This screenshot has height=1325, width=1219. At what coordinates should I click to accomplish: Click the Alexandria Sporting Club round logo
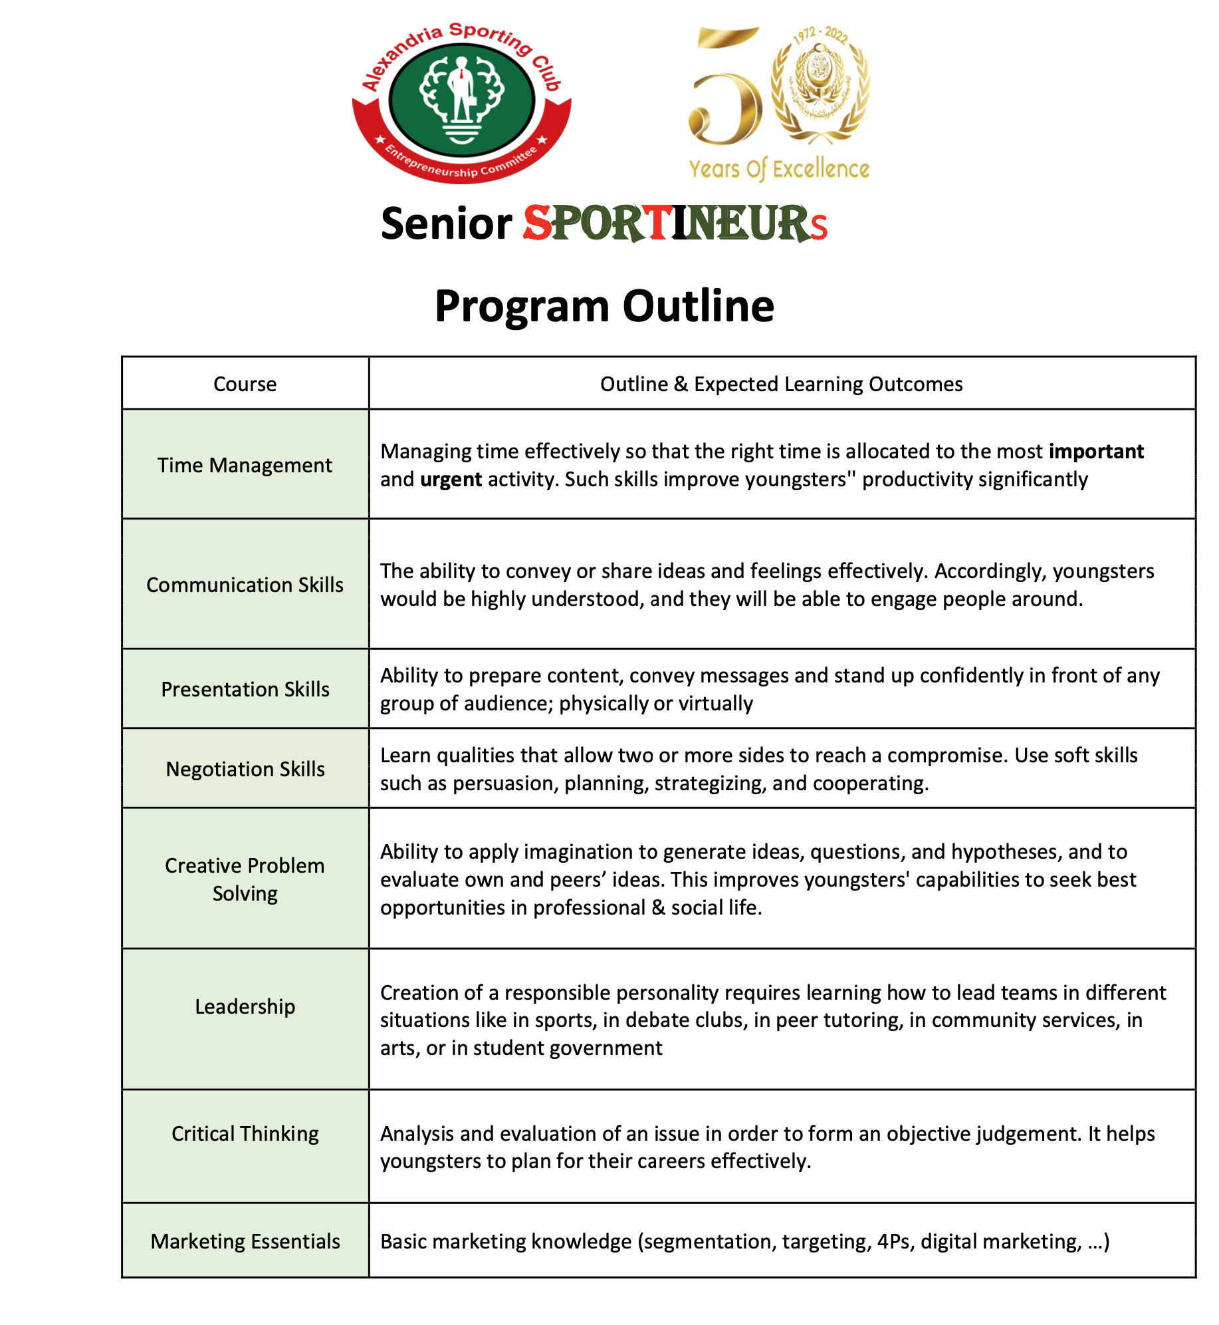click(461, 101)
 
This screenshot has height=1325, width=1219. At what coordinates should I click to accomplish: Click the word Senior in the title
click(446, 223)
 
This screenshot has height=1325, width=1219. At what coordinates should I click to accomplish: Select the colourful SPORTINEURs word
click(675, 223)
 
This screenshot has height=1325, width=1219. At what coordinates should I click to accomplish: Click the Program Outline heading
click(604, 306)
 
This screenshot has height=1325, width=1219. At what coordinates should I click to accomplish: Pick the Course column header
click(245, 384)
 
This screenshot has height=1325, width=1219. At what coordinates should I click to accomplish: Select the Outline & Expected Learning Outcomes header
click(781, 384)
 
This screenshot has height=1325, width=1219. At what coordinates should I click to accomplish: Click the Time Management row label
click(245, 465)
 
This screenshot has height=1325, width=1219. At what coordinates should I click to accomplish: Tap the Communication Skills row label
click(245, 585)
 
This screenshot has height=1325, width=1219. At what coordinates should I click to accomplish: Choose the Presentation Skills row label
click(245, 689)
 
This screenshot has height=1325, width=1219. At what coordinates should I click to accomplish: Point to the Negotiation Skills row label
click(245, 769)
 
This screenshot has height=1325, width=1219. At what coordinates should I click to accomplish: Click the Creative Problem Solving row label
click(245, 879)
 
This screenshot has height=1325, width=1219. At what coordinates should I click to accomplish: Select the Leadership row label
click(245, 1006)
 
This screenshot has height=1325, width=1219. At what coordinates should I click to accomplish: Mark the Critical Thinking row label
click(245, 1133)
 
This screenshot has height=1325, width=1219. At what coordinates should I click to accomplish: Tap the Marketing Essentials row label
click(245, 1241)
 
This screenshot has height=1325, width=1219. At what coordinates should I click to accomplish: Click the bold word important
click(1096, 452)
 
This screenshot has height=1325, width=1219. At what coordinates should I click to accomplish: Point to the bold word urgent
click(451, 480)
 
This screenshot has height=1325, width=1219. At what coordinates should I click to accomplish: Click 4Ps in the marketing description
click(893, 1241)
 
